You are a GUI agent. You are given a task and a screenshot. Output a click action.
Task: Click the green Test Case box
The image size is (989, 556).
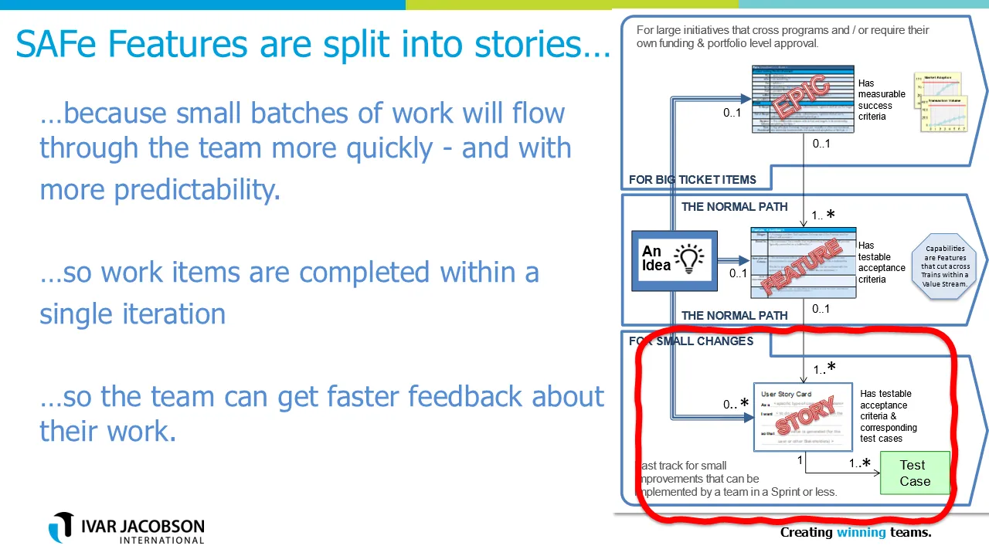point(915,473)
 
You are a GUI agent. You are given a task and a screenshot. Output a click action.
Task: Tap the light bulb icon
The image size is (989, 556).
point(689,259)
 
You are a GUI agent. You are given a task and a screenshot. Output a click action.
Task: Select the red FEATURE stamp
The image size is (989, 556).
point(801,267)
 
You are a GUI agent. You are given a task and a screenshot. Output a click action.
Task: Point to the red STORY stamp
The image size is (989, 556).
point(804,415)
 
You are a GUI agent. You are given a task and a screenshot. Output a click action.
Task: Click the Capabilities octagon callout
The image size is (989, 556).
point(944,266)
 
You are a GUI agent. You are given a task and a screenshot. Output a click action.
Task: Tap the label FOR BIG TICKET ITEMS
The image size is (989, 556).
point(692,179)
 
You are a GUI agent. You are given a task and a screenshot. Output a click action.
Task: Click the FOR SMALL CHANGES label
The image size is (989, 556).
point(691,341)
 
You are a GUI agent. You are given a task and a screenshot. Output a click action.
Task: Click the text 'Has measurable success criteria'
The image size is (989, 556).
point(881,100)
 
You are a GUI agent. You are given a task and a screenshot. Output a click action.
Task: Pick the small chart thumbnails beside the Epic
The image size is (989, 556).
point(939,103)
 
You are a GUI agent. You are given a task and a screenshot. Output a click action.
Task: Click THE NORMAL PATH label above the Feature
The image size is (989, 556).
point(734,207)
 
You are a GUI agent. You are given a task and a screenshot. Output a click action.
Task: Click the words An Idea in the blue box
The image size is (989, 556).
point(653,258)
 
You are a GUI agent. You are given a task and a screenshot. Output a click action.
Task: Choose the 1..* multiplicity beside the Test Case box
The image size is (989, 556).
point(859,463)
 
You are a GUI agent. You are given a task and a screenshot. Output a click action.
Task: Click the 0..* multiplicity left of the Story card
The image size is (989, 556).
point(735,404)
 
